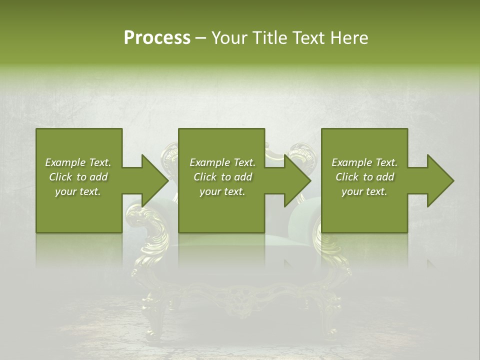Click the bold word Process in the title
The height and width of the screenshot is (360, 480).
157,38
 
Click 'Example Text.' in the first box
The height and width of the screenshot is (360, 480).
78,162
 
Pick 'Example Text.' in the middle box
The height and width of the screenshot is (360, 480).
222,162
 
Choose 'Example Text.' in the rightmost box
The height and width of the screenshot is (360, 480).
364,162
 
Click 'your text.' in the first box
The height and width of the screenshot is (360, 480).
78,191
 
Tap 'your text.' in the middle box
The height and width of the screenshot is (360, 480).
222,191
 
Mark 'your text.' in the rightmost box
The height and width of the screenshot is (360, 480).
364,191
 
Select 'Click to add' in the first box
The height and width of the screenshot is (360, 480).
78,177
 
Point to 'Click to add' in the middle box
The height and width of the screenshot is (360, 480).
222,177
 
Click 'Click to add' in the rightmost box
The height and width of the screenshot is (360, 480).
364,177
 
